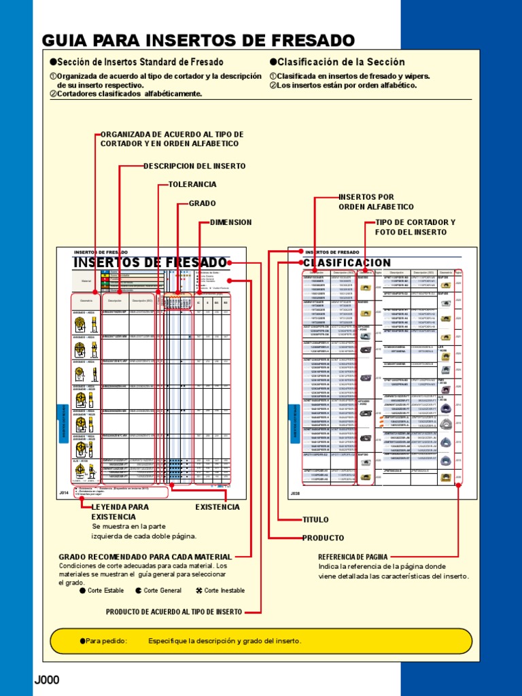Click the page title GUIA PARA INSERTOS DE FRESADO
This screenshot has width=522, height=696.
pos(198,39)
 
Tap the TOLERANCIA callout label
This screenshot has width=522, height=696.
pos(192,184)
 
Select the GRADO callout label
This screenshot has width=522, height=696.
pos(202,203)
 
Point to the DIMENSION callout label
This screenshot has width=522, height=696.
pos(231,222)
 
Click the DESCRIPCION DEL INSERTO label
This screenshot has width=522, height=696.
pos(194,166)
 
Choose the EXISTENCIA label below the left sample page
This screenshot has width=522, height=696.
pos(217,507)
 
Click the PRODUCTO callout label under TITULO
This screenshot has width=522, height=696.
pos(323,538)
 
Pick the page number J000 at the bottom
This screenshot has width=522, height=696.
pos(47,680)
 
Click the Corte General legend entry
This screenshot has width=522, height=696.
pos(158,591)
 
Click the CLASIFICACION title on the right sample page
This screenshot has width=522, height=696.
pos(347,262)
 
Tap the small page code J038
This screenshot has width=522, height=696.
pos(295,493)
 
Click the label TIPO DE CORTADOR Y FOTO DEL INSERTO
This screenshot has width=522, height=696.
pos(415,227)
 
